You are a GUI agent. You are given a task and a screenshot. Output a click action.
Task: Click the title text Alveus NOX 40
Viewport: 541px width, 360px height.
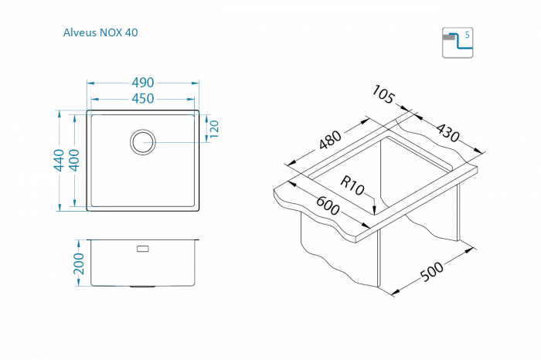100,32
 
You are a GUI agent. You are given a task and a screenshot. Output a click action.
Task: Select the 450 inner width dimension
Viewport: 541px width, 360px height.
142,98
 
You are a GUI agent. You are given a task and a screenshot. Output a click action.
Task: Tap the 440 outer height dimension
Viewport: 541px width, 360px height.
59,160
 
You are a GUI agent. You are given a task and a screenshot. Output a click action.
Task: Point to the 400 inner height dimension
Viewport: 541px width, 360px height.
74,160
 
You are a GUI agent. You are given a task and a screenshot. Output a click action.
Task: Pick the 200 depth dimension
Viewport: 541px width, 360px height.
77,263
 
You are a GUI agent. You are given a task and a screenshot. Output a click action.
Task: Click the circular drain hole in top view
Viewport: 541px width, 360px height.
143,141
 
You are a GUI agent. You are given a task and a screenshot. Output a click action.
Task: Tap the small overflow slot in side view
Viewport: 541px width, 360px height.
143,249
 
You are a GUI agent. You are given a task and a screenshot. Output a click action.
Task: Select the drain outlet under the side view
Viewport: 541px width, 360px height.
143,286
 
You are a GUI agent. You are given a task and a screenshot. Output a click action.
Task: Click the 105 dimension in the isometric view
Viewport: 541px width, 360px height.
383,94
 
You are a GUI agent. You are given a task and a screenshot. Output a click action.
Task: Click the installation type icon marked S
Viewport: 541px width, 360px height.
457,42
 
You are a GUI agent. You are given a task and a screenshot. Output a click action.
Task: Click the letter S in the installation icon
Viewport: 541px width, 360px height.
467,36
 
